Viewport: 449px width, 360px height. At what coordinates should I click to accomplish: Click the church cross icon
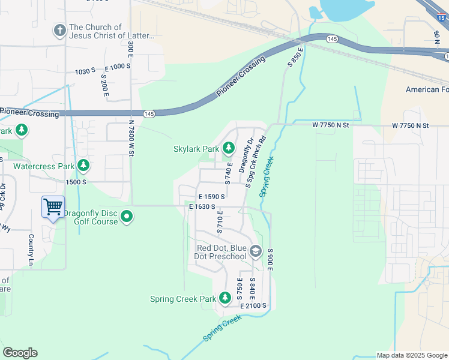pyautogui.click(x=59, y=30)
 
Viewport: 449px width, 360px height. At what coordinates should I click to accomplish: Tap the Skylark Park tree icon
pyautogui.click(x=228, y=148)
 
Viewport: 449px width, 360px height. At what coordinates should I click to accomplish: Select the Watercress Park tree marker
pyautogui.click(x=83, y=165)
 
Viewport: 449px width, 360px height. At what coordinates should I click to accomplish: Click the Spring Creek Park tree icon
pyautogui.click(x=224, y=298)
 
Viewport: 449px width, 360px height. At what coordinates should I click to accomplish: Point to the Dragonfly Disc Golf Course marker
pyautogui.click(x=127, y=216)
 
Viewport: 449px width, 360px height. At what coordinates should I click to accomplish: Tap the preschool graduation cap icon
pyautogui.click(x=255, y=251)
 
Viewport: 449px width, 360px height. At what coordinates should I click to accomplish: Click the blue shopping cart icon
pyautogui.click(x=53, y=207)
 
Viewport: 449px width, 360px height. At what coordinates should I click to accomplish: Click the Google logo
pyautogui.click(x=20, y=353)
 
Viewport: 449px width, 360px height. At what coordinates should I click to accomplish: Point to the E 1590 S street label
pyautogui.click(x=211, y=196)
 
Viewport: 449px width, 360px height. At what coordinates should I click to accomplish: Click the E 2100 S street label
pyautogui.click(x=253, y=306)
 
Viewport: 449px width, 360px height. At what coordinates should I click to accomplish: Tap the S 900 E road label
pyautogui.click(x=271, y=259)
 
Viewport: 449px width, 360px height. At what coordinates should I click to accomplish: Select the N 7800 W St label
pyautogui.click(x=130, y=137)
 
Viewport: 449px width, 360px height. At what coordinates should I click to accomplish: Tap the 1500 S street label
pyautogui.click(x=76, y=182)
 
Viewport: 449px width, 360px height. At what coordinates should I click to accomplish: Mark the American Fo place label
pyautogui.click(x=427, y=89)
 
